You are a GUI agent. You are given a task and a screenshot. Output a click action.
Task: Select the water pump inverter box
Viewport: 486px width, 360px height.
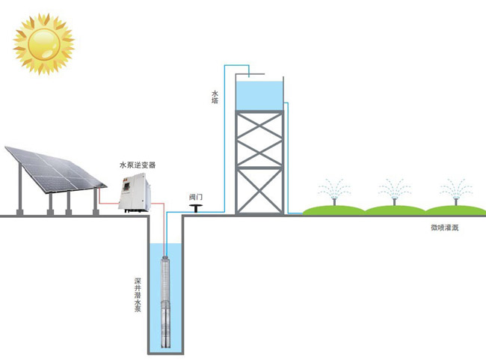click(x=135, y=191)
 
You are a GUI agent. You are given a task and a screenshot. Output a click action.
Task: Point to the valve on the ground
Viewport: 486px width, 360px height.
click(x=197, y=207)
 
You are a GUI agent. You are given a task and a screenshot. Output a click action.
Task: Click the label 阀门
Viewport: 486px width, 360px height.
click(x=196, y=197)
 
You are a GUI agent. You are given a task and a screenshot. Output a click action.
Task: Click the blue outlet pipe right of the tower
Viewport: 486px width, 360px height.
click(x=289, y=157)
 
